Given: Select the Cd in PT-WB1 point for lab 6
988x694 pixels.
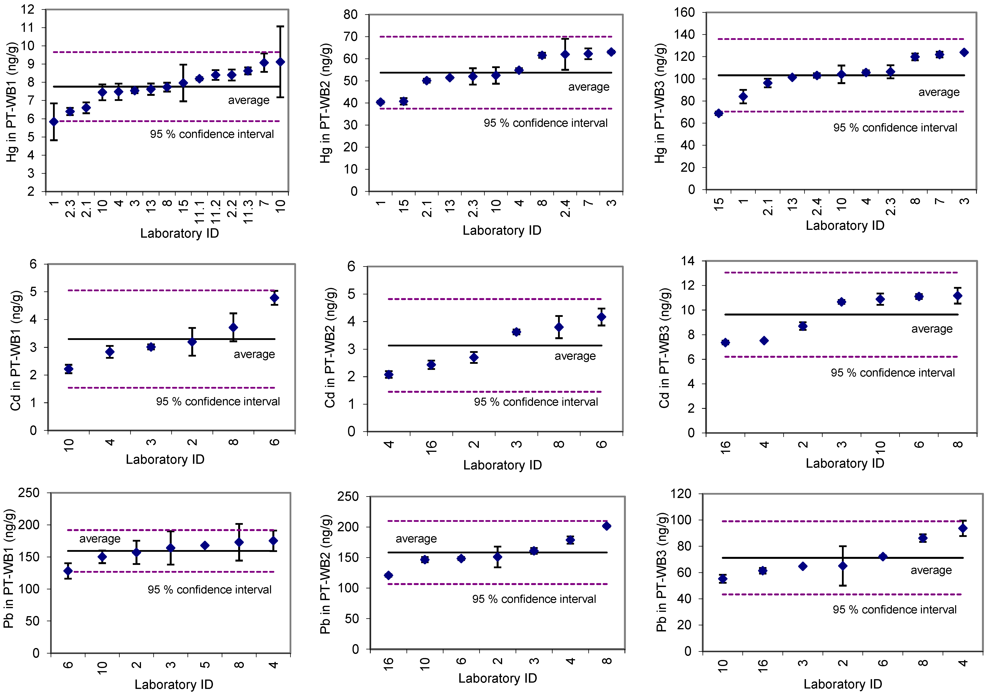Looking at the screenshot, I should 274,298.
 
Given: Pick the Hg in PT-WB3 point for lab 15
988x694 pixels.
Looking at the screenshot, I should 718,113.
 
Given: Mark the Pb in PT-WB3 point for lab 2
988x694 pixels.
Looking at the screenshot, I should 843,566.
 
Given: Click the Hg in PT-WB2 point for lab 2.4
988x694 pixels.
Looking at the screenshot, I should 565,54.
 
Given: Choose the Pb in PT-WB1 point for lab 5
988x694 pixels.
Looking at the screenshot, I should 205,546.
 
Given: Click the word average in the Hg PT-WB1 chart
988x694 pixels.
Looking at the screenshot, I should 249,100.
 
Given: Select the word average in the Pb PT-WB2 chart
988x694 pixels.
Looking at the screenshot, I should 416,538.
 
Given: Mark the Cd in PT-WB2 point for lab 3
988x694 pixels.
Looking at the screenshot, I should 516,332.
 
